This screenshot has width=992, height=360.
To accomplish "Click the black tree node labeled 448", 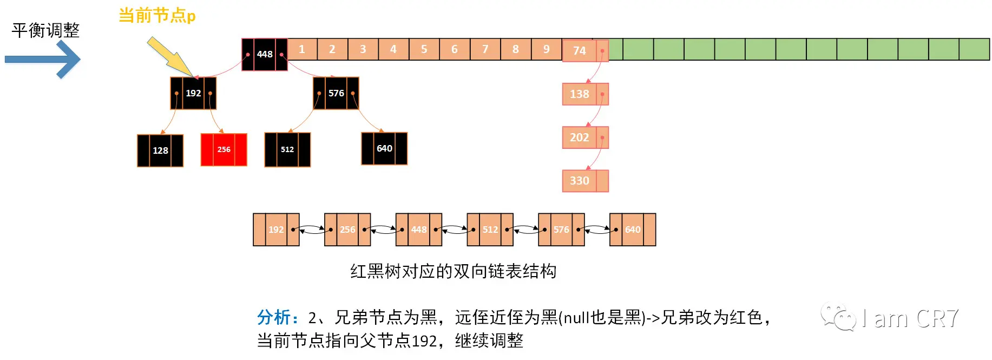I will click(264, 54).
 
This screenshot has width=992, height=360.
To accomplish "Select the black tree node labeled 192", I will click(193, 93).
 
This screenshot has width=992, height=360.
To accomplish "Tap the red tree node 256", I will click(224, 149).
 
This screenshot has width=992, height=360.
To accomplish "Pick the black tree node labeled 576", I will click(336, 93).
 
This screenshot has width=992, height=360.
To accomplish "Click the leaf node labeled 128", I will click(160, 150).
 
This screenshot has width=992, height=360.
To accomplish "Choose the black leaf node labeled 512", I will click(287, 149).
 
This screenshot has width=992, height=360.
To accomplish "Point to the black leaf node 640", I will click(384, 148).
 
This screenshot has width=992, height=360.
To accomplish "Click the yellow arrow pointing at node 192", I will click(169, 56).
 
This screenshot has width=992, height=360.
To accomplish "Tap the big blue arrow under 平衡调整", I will click(43, 59).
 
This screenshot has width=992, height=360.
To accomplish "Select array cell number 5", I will click(424, 49).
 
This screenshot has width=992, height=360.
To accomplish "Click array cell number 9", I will click(547, 49).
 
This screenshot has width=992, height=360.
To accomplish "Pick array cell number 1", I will click(302, 49).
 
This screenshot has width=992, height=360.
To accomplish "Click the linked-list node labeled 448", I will click(418, 230).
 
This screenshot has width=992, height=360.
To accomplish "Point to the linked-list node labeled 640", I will click(632, 230).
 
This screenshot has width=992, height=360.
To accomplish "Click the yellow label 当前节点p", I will click(157, 16).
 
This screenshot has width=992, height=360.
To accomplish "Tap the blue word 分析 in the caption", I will click(274, 317).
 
